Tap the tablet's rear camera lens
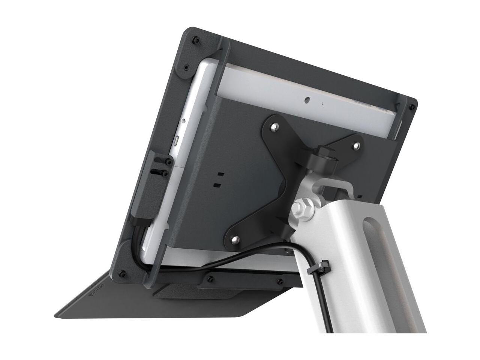[307, 100]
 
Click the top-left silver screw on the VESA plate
[276, 127]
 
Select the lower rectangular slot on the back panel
[217, 185]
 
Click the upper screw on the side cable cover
[168, 162]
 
